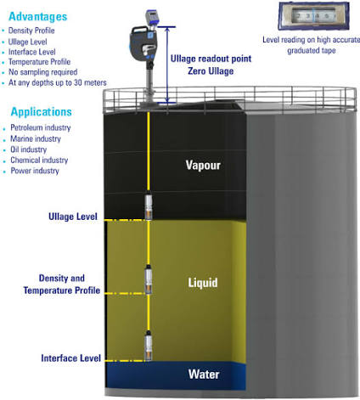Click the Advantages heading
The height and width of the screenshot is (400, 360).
click(x=38, y=17)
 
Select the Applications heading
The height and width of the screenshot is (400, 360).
click(x=42, y=112)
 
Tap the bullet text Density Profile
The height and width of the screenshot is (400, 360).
click(x=31, y=31)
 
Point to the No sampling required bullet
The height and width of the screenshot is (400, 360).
click(x=43, y=72)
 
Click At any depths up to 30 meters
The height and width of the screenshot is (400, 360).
click(x=58, y=82)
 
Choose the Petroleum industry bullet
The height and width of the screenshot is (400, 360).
click(x=41, y=127)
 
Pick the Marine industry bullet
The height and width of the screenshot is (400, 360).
click(x=36, y=138)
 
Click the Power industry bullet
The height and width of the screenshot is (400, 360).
click(x=35, y=171)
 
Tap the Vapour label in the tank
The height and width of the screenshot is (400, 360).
click(x=203, y=165)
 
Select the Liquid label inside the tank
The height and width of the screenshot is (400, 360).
click(x=203, y=283)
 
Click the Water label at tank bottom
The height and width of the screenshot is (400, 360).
click(x=204, y=375)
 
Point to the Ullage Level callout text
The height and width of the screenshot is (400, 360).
click(x=73, y=217)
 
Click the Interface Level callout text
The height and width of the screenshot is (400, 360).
click(x=71, y=358)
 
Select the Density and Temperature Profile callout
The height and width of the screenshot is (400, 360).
click(x=62, y=285)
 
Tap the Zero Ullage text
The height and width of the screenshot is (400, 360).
click(x=211, y=70)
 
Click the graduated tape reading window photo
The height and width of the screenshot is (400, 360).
click(x=313, y=16)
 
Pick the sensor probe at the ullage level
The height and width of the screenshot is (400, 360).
click(x=149, y=206)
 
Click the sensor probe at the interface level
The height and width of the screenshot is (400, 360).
click(x=149, y=346)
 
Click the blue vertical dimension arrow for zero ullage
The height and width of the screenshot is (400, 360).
click(x=167, y=65)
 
